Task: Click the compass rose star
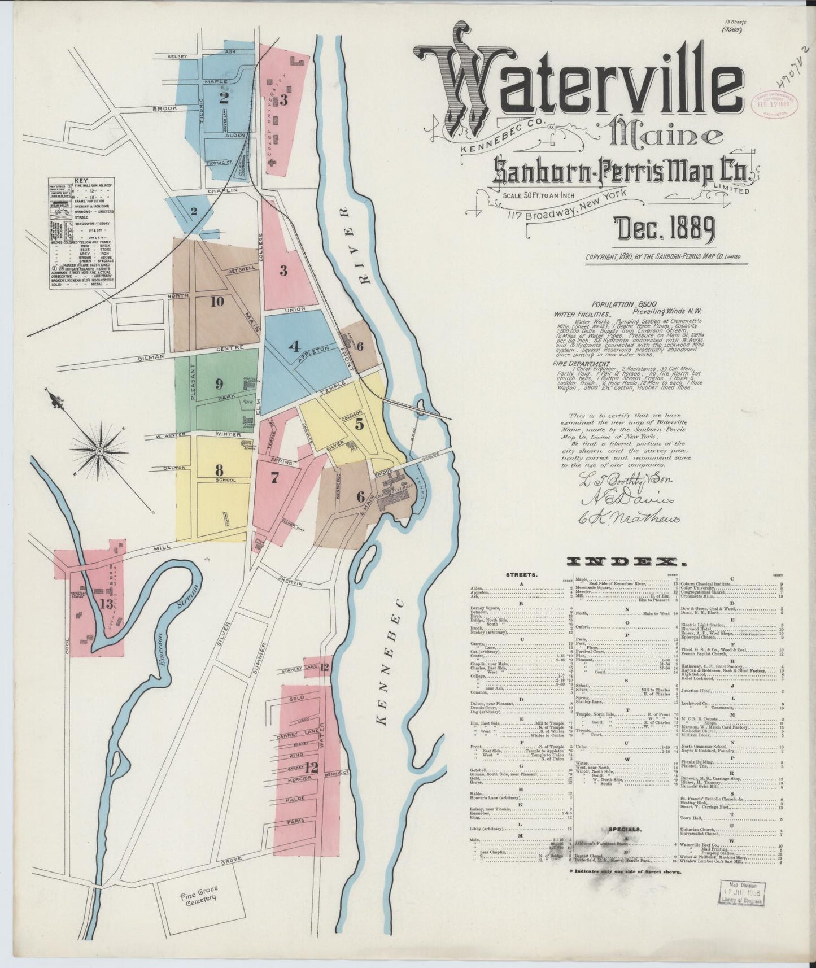click(x=99, y=451)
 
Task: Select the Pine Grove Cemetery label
click(x=198, y=897)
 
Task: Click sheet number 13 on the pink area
click(x=106, y=604)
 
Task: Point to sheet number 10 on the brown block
click(x=217, y=302)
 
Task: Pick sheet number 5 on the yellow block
click(x=359, y=425)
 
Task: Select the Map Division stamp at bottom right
click(x=742, y=893)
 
